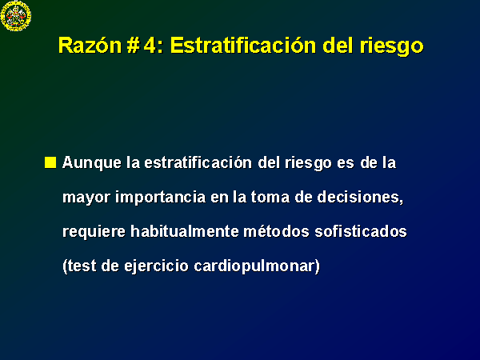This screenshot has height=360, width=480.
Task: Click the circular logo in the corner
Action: tap(16, 16)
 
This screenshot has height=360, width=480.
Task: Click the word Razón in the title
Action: tap(90, 46)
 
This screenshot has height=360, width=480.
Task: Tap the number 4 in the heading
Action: tap(150, 46)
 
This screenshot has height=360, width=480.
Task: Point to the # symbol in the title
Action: tap(132, 46)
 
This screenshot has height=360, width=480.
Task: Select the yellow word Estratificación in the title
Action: tap(243, 46)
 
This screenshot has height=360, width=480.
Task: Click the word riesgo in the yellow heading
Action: tap(391, 46)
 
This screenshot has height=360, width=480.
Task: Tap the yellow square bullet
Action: tap(50, 162)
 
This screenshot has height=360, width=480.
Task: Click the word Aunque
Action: tap(92, 163)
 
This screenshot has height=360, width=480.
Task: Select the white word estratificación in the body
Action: tap(198, 162)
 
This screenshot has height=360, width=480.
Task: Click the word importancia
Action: tap(161, 197)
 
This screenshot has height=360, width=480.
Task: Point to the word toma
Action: tap(270, 197)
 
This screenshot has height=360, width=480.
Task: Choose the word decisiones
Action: tap(360, 197)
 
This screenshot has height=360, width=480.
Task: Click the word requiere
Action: tap(94, 232)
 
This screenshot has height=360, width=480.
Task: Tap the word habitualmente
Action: tap(185, 231)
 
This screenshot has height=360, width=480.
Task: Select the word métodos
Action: tap(277, 231)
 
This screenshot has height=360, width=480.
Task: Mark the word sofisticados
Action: tap(361, 231)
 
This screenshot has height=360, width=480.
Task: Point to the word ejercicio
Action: tap(157, 266)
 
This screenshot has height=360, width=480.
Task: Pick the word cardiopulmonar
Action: tap(255, 266)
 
